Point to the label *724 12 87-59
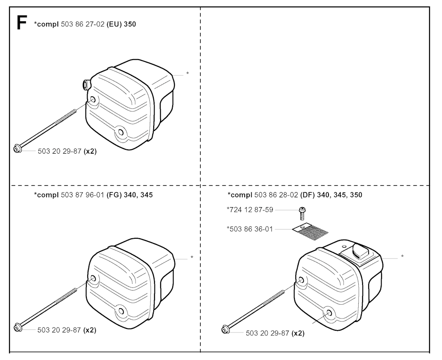(250, 210)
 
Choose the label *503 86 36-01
(250, 229)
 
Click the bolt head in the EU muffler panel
(17, 148)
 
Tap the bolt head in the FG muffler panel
(18, 328)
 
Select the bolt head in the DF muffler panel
(225, 329)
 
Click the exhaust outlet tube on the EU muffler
(86, 84)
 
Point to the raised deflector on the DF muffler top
(358, 251)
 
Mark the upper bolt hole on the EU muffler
(93, 100)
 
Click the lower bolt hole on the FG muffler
(121, 311)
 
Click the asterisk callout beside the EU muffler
(187, 73)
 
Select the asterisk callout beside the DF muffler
(402, 256)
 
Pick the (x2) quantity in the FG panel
(90, 330)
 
